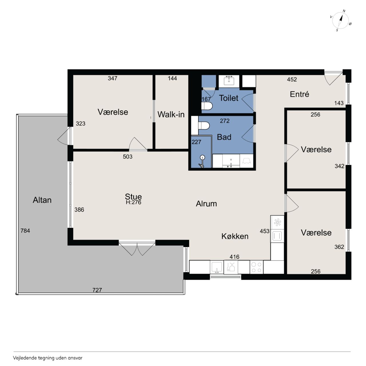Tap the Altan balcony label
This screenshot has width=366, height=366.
tap(42, 200)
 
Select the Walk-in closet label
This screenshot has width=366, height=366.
tap(171, 115)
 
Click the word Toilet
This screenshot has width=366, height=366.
tap(228, 98)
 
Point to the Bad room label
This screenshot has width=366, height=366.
tap(224, 137)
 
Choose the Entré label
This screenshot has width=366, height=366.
tap(300, 94)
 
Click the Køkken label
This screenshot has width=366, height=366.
tap(235, 236)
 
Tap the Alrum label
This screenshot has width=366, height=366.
tap(206, 204)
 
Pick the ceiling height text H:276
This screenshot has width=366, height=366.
tap(134, 202)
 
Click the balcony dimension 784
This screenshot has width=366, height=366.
tap(25, 231)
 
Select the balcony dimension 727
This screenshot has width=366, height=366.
tap(97, 290)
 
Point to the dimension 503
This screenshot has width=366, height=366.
tap(128, 157)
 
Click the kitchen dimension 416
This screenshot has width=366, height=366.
tap(234, 257)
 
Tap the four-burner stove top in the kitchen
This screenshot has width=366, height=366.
tap(256, 267)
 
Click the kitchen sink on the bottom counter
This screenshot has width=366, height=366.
tap(217, 267)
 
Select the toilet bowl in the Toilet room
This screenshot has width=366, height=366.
tap(207, 106)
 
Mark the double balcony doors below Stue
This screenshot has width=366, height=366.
tap(137, 248)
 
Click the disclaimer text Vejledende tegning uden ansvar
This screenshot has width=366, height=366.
tap(48, 358)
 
